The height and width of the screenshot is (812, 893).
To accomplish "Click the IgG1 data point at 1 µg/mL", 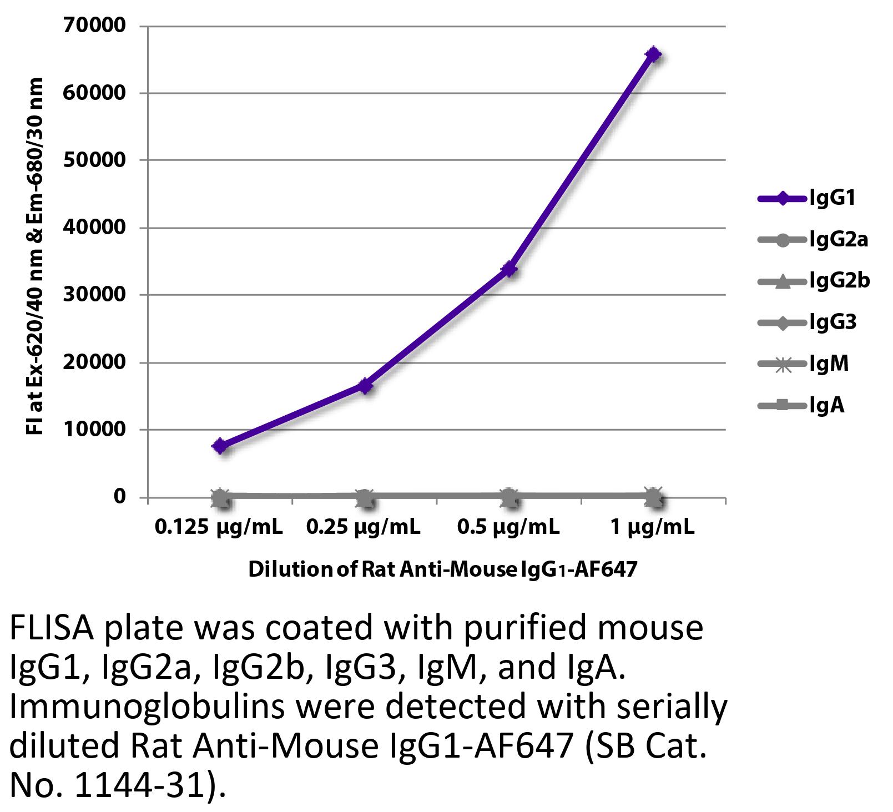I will click(654, 54).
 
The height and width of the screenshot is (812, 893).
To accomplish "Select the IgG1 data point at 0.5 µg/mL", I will click(509, 269).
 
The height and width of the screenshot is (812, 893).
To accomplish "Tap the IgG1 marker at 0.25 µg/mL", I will click(365, 385).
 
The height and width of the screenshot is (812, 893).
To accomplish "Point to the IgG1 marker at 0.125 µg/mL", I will click(220, 446).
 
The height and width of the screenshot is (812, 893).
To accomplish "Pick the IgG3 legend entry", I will click(808, 322).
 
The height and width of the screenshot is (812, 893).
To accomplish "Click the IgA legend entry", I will click(802, 405).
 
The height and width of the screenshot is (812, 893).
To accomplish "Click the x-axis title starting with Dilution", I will click(442, 570).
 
